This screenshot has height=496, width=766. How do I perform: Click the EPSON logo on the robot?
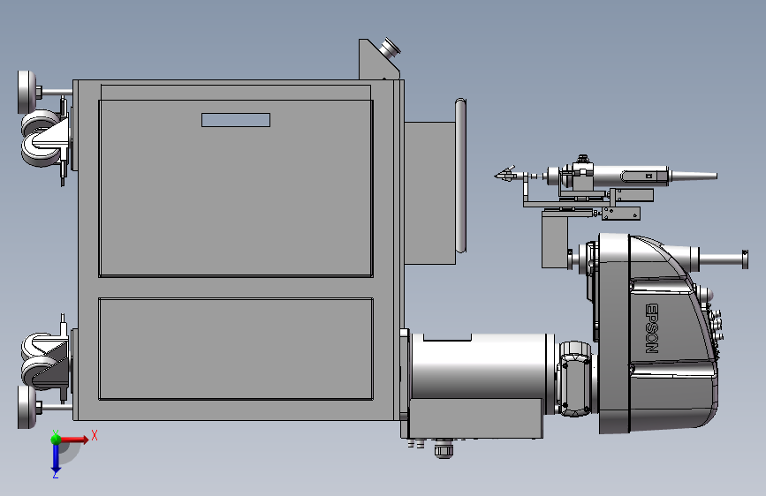(652, 328)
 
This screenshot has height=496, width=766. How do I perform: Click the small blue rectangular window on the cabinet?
(236, 120)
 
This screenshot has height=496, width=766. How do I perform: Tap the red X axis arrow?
(74, 440)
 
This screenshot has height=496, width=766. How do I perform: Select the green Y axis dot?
(57, 439)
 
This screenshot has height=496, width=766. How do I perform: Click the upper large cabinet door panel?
(236, 189)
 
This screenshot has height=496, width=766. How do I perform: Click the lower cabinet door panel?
(236, 349)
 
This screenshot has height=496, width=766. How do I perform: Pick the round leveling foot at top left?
(27, 92)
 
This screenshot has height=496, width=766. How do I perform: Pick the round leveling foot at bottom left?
(27, 407)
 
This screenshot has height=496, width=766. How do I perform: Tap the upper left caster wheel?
(41, 139)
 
